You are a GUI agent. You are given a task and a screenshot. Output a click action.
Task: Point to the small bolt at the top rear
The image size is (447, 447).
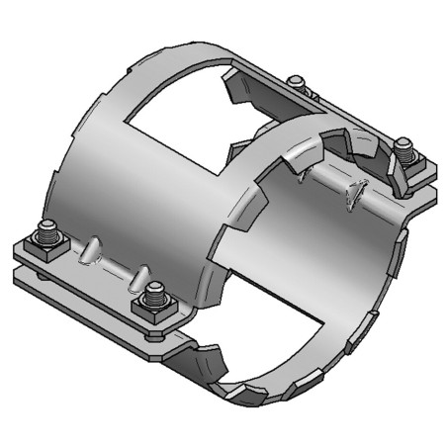pos(295,80)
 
